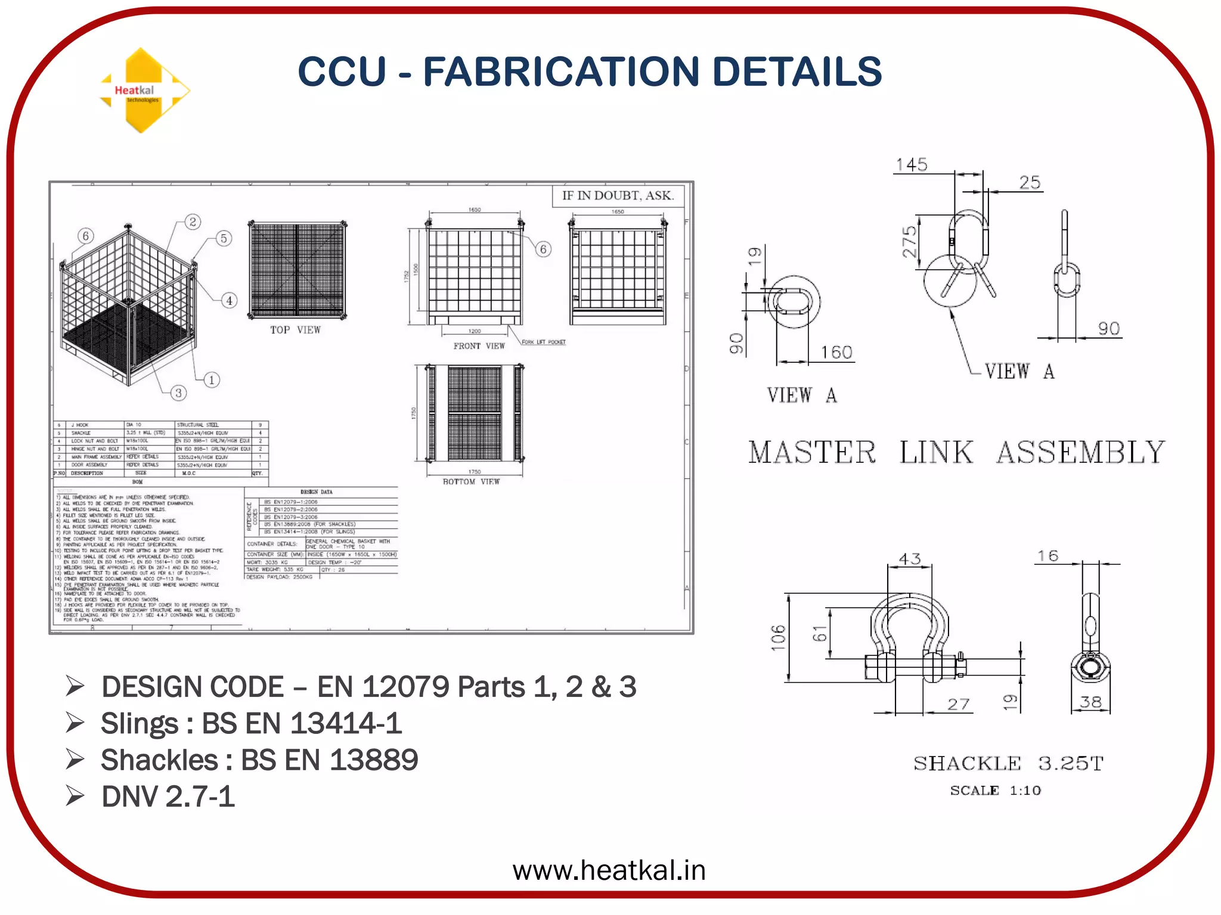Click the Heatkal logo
tap(144, 91)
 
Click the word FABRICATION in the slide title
tap(560, 71)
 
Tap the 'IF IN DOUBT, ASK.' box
tap(618, 195)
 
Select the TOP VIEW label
tap(295, 330)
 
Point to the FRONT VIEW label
tap(479, 346)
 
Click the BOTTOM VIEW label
tap(471, 481)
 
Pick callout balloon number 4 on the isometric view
tap(230, 301)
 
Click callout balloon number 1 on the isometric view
tap(212, 380)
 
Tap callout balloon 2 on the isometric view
tap(193, 222)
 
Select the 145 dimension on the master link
tap(912, 165)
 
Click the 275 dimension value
tap(910, 242)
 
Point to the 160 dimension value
tap(836, 353)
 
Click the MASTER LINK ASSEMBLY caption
tap(956, 452)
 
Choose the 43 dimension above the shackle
tap(910, 559)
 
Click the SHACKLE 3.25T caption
tap(1008, 763)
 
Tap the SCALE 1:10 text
tap(995, 790)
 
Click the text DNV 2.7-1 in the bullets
tap(168, 796)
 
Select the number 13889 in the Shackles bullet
tap(374, 760)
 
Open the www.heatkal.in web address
tap(609, 870)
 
